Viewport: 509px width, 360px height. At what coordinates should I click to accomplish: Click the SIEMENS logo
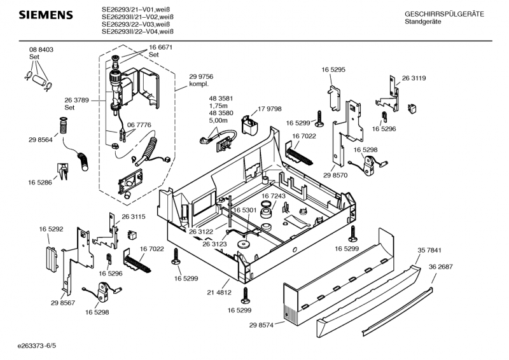click(x=45, y=14)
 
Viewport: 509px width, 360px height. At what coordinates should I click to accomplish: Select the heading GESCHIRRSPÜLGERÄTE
click(x=444, y=13)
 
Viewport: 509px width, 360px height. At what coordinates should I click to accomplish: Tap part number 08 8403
click(x=41, y=50)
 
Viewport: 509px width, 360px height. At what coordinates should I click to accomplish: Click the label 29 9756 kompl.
click(x=201, y=80)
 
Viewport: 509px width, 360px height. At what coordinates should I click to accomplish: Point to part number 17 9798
click(x=269, y=109)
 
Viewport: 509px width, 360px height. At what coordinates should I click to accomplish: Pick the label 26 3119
click(x=414, y=78)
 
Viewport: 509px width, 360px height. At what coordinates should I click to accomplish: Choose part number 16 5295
click(x=333, y=69)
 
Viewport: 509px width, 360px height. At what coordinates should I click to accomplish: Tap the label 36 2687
click(x=441, y=267)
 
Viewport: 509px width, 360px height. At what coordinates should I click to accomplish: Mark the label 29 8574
click(x=261, y=325)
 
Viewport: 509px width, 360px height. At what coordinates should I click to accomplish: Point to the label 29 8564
click(x=40, y=139)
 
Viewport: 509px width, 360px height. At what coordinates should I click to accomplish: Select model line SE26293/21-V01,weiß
click(x=137, y=10)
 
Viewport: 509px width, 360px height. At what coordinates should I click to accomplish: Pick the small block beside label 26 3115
click(x=133, y=234)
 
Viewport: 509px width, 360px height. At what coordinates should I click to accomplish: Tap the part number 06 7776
click(x=139, y=125)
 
